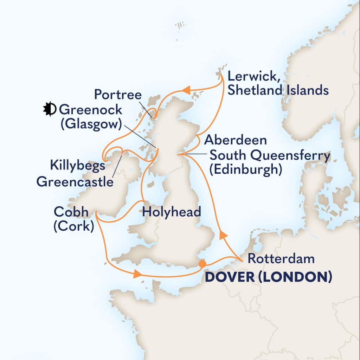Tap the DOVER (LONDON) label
click(268, 277)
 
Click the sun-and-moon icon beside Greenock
click(49, 110)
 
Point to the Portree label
click(118, 95)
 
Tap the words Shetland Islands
click(278, 90)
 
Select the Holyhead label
click(172, 212)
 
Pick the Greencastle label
click(75, 182)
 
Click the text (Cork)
click(73, 226)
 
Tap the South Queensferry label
click(270, 155)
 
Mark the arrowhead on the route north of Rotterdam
click(221, 235)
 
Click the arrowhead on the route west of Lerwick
click(187, 90)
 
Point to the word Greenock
click(90, 110)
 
